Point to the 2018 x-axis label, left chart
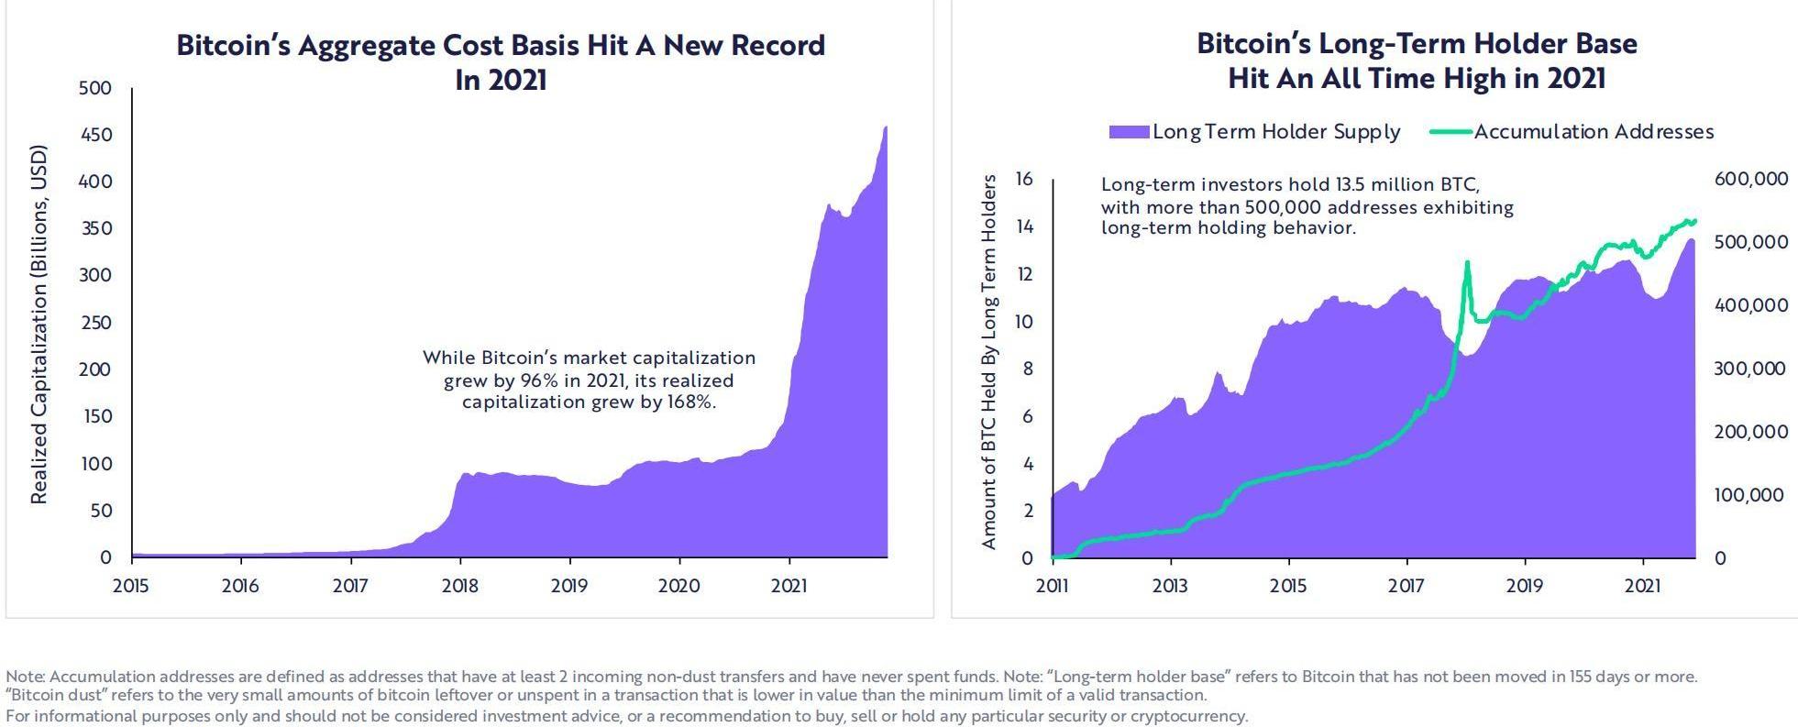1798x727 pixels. tap(459, 586)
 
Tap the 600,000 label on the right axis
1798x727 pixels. tap(1750, 179)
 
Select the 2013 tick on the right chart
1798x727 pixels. tap(1170, 586)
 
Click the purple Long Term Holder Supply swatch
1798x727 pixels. tap(1129, 132)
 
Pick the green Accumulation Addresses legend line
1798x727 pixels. tap(1451, 132)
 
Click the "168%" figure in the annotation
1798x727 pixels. tap(689, 402)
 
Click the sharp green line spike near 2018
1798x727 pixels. tap(1467, 263)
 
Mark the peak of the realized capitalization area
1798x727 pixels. tap(885, 127)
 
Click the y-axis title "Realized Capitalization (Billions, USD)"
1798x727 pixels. tap(39, 324)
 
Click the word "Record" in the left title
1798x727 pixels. tap(778, 45)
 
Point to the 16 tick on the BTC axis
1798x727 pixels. tap(1024, 179)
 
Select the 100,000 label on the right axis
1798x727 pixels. tap(1750, 495)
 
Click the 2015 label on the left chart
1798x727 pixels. tap(130, 586)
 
